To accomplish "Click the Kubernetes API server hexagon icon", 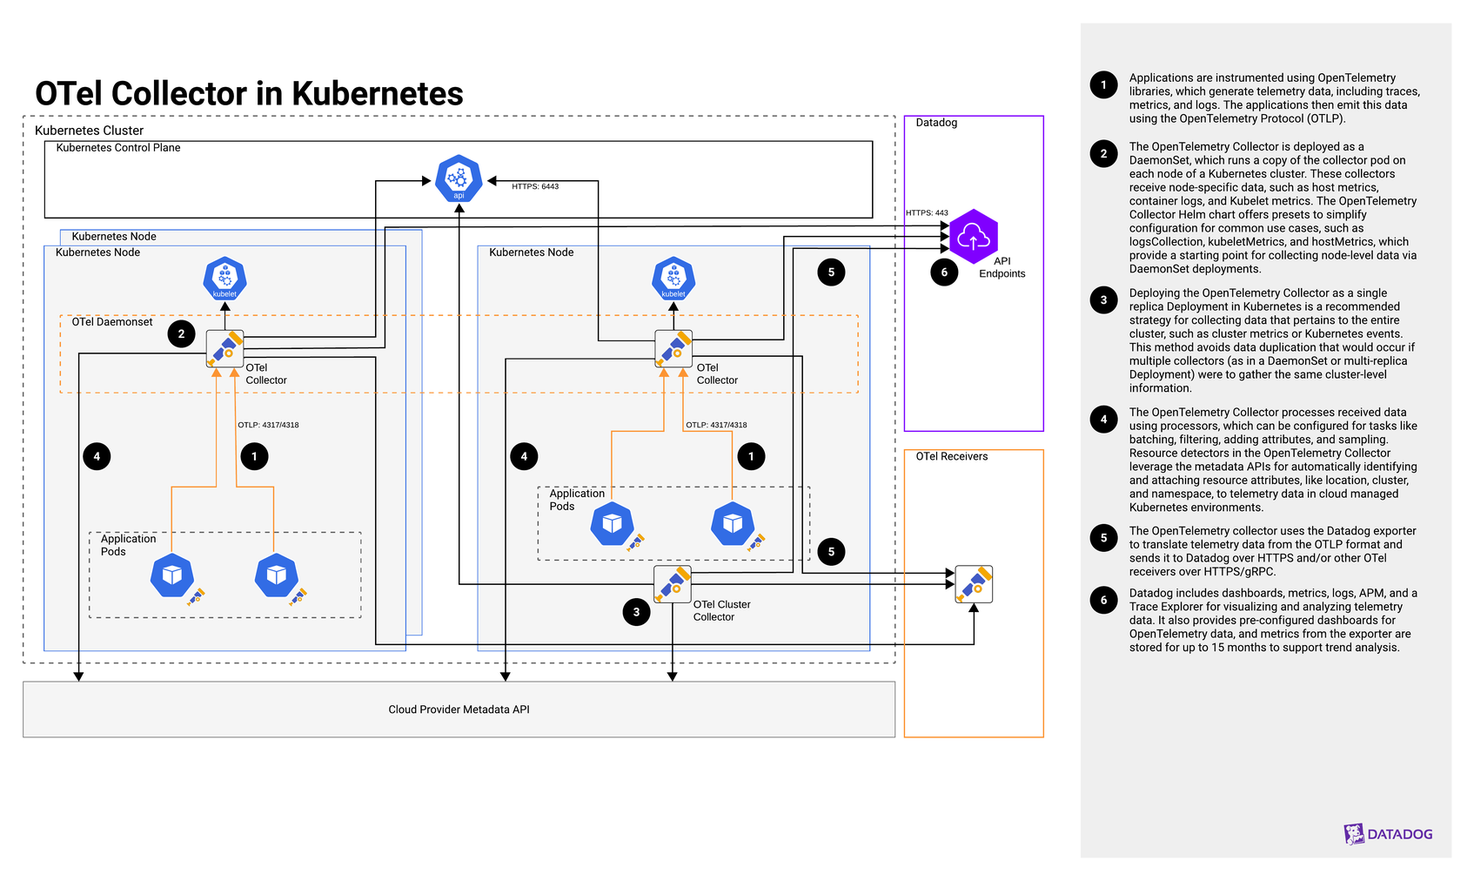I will pos(459,178).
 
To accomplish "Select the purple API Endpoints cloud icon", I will pos(973,236).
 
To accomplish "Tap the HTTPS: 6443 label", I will pos(535,186).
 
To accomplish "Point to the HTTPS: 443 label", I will pos(927,212).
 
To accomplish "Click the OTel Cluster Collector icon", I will pos(673,584).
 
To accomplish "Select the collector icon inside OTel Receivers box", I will pos(974,584).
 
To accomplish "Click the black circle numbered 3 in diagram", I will pos(636,612).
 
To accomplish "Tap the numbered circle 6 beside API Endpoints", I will pos(944,272).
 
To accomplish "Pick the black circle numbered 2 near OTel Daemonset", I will pos(181,333).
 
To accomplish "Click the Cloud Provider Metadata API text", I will pos(459,710).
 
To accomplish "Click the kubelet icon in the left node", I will pos(224,279).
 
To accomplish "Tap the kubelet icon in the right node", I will pos(673,279).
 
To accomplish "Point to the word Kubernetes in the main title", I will pos(377,93).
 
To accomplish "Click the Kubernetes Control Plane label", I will pos(118,148).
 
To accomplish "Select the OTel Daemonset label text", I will pos(112,322).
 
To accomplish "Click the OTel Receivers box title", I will pos(951,456).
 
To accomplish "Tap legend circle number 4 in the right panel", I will pos(1103,420).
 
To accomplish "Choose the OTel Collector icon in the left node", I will pos(224,348).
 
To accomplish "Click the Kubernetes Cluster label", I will pos(89,131).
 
